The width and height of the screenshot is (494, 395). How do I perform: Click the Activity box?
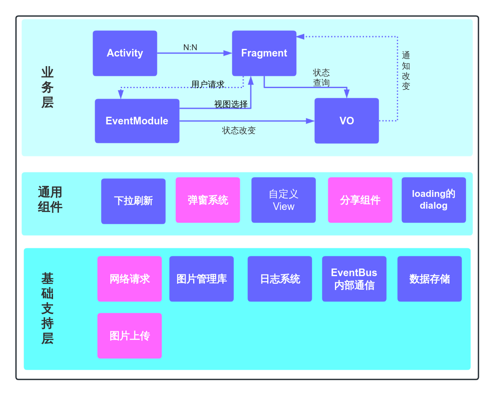coord(125,53)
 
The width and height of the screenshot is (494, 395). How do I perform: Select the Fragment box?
coord(264,53)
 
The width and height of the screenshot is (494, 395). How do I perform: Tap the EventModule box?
coord(137,121)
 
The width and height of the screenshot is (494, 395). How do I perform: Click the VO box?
coord(346,121)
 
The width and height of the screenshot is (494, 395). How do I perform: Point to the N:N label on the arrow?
coord(190,48)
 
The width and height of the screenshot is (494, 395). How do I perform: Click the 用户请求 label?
coord(207,84)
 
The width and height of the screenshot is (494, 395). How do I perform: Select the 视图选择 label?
coord(231,104)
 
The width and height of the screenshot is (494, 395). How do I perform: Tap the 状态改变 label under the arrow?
coord(239,130)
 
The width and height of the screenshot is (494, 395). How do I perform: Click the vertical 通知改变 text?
coord(406,71)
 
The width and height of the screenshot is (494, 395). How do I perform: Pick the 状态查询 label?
coord(321,78)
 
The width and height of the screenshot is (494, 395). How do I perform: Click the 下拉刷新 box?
coord(133,201)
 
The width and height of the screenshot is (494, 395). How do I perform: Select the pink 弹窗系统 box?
coord(208,200)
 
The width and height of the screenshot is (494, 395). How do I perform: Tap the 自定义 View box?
coord(284,200)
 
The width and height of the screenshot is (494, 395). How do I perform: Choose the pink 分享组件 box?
coord(360,200)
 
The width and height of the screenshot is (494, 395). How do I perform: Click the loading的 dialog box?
coord(433,200)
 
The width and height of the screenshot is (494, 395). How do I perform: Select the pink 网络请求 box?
coord(130,279)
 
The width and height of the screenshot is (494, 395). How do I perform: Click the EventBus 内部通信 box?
coord(354,279)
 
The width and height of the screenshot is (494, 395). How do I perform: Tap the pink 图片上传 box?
coord(130,336)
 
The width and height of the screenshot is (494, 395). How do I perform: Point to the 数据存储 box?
coord(429,279)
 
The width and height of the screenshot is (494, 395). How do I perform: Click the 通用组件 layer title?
coord(50,199)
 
